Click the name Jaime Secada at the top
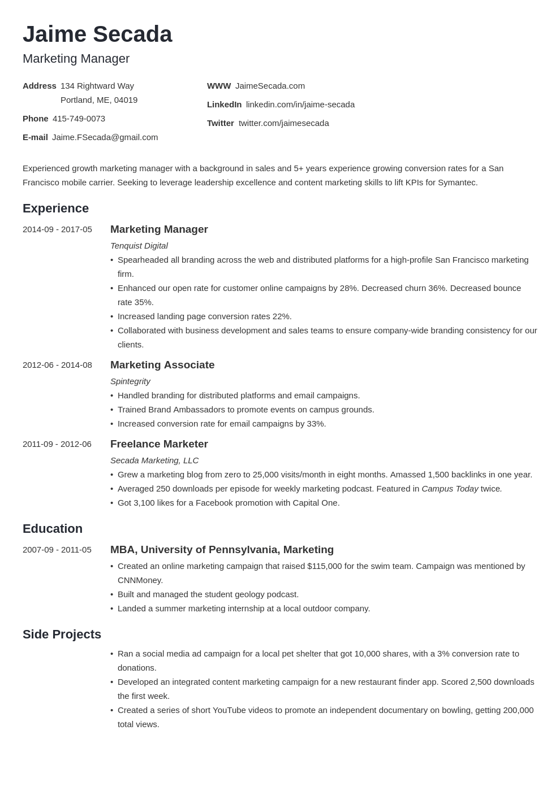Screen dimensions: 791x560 pyautogui.click(x=97, y=34)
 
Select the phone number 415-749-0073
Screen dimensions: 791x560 pyautogui.click(x=79, y=119)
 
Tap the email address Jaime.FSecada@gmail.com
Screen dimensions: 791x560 pyautogui.click(x=105, y=137)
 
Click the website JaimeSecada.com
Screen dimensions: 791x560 pyautogui.click(x=270, y=86)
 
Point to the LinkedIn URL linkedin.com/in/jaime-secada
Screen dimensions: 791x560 pyautogui.click(x=300, y=105)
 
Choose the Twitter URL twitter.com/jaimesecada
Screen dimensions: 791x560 pyautogui.click(x=283, y=123)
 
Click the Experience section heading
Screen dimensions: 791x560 pyautogui.click(x=55, y=208)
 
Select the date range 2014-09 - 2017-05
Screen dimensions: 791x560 pyautogui.click(x=57, y=229)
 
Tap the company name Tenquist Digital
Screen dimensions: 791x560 pyautogui.click(x=139, y=246)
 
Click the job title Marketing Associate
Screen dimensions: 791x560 pyautogui.click(x=162, y=365)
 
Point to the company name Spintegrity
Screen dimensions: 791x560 pyautogui.click(x=130, y=381)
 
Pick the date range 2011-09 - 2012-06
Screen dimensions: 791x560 pyautogui.click(x=57, y=444)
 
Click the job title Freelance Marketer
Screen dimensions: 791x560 pyautogui.click(x=159, y=444)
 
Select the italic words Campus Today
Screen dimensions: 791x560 pyautogui.click(x=450, y=489)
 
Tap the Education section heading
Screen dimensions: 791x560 pyautogui.click(x=53, y=529)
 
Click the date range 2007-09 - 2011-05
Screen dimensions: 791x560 pyautogui.click(x=57, y=550)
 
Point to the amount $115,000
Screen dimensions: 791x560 pyautogui.click(x=325, y=566)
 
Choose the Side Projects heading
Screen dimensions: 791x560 pyautogui.click(x=62, y=634)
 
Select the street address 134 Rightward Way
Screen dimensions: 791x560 pyautogui.click(x=97, y=86)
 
